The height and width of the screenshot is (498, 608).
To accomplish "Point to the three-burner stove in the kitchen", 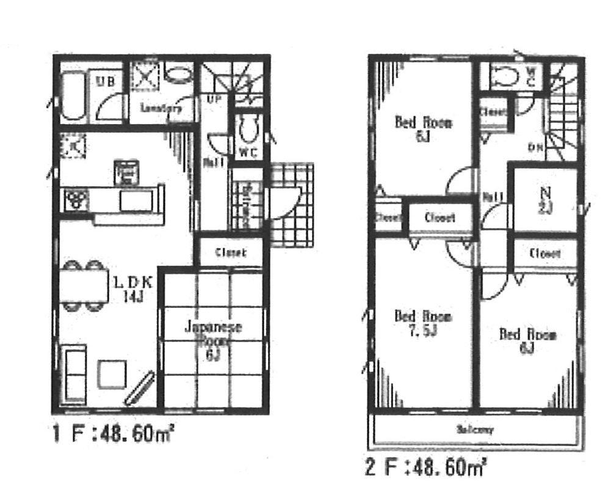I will [74, 199].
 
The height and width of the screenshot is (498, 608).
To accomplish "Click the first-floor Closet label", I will [231, 252].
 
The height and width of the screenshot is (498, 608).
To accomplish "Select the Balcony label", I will [474, 430].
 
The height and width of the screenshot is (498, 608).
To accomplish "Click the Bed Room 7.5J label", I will [422, 323].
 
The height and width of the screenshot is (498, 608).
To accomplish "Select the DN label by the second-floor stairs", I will [535, 147].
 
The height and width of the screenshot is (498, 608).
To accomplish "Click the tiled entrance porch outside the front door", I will [292, 205].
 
